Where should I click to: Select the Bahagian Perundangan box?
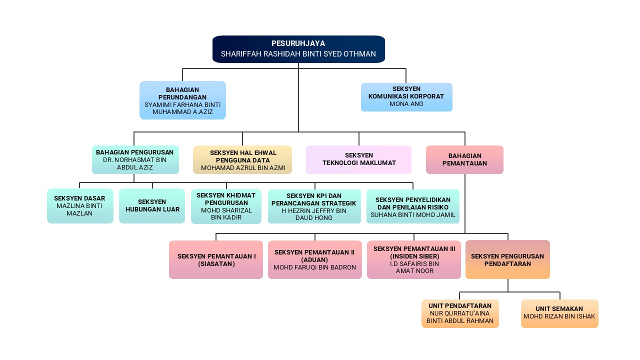click(182, 100)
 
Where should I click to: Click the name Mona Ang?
click(406, 104)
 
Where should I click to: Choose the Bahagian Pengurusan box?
click(135, 159)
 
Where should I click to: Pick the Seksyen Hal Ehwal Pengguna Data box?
click(242, 160)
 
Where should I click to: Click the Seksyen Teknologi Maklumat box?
click(358, 159)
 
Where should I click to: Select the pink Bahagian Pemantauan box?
click(464, 159)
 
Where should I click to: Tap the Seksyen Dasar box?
click(80, 205)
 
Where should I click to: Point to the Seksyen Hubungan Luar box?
click(152, 205)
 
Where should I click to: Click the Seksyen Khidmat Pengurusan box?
click(226, 206)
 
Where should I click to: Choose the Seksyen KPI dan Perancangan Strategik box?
click(314, 206)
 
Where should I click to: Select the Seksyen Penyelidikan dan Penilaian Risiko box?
click(413, 206)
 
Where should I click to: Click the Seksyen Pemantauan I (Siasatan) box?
click(216, 259)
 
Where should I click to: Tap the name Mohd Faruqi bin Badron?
click(314, 267)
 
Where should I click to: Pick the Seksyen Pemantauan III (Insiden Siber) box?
click(414, 259)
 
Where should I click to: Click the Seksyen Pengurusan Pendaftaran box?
click(507, 259)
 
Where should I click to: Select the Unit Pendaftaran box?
click(460, 313)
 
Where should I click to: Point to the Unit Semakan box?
click(559, 313)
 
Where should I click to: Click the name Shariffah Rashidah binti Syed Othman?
click(298, 54)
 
